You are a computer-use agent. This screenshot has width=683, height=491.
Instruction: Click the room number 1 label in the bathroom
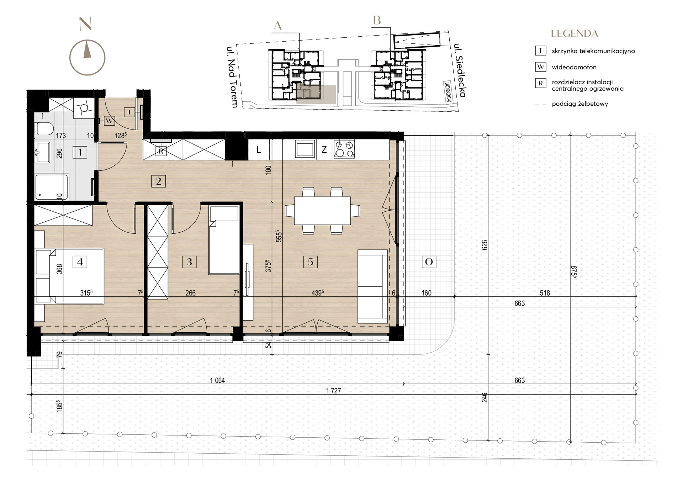[x=80, y=152]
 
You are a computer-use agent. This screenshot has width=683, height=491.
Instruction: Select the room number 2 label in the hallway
[x=159, y=181]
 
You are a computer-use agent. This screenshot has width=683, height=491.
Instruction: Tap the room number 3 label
[x=189, y=262]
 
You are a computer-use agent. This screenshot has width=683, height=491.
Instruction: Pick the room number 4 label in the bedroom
[x=80, y=262]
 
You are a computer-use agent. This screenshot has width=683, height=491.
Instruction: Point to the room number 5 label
[x=311, y=262]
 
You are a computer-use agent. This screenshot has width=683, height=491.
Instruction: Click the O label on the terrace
[x=429, y=262]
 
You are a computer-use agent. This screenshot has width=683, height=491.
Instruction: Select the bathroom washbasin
[x=42, y=152]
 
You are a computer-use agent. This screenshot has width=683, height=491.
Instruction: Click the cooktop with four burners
[x=344, y=149]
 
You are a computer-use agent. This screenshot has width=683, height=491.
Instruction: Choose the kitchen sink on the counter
[x=305, y=149]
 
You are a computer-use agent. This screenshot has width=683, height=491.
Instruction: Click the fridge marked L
[x=259, y=149]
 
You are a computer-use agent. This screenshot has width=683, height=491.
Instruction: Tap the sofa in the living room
[x=372, y=286]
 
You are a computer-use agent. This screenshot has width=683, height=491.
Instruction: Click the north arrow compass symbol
[x=87, y=57]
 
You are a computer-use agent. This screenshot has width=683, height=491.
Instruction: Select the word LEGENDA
[x=575, y=34]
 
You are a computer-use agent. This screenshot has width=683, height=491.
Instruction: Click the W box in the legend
[x=541, y=67]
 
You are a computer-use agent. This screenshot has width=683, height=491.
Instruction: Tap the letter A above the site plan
[x=277, y=26]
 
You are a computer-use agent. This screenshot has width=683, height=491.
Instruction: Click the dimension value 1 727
[x=333, y=391]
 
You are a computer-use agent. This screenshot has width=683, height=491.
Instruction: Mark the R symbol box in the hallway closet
[x=161, y=151]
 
